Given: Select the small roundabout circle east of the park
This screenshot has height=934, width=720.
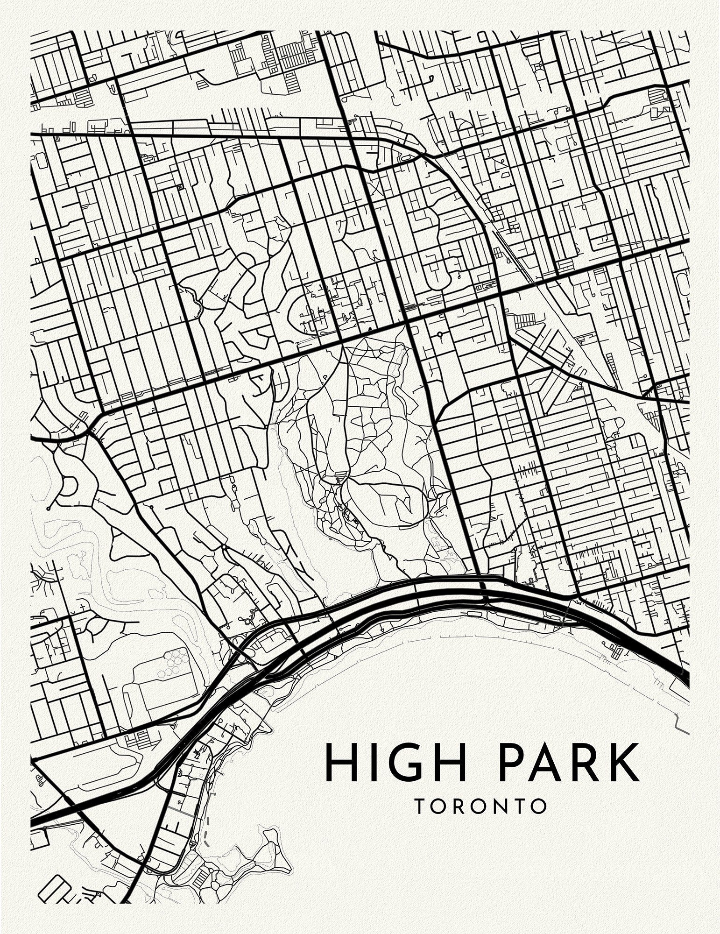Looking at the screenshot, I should [x=439, y=334].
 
